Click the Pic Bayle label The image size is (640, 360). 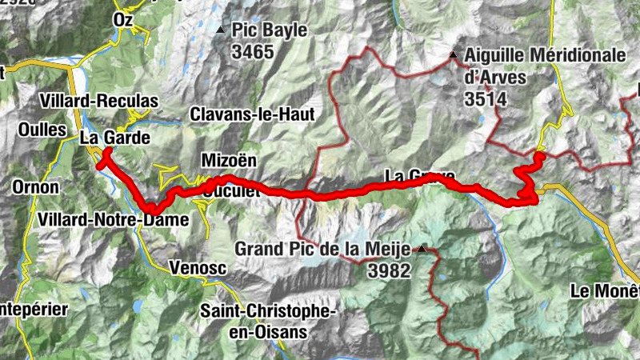(270, 30)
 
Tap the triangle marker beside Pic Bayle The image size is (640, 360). (220, 30)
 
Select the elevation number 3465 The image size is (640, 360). (253, 53)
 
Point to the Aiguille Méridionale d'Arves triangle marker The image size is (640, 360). (453, 55)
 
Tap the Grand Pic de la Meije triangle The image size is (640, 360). (422, 249)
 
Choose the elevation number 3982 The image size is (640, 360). (389, 271)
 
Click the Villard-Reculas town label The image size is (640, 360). (99, 102)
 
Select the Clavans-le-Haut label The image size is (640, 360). (252, 114)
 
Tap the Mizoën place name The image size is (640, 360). (229, 160)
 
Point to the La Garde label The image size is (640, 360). (115, 138)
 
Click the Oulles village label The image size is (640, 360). (37, 130)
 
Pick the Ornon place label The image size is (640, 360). (35, 187)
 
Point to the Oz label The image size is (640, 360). (123, 18)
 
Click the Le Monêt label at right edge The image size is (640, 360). (606, 290)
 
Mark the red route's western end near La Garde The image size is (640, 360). (100, 166)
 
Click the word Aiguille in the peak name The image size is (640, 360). (492, 55)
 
